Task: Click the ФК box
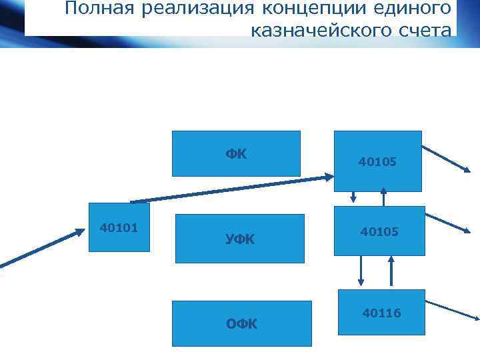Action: pos(236,153)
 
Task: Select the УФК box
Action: pos(239,238)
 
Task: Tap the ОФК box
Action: pos(241,323)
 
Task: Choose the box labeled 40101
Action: pos(119,227)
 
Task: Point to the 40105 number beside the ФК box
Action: pos(377,161)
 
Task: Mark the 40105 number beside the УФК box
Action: pos(379,231)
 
